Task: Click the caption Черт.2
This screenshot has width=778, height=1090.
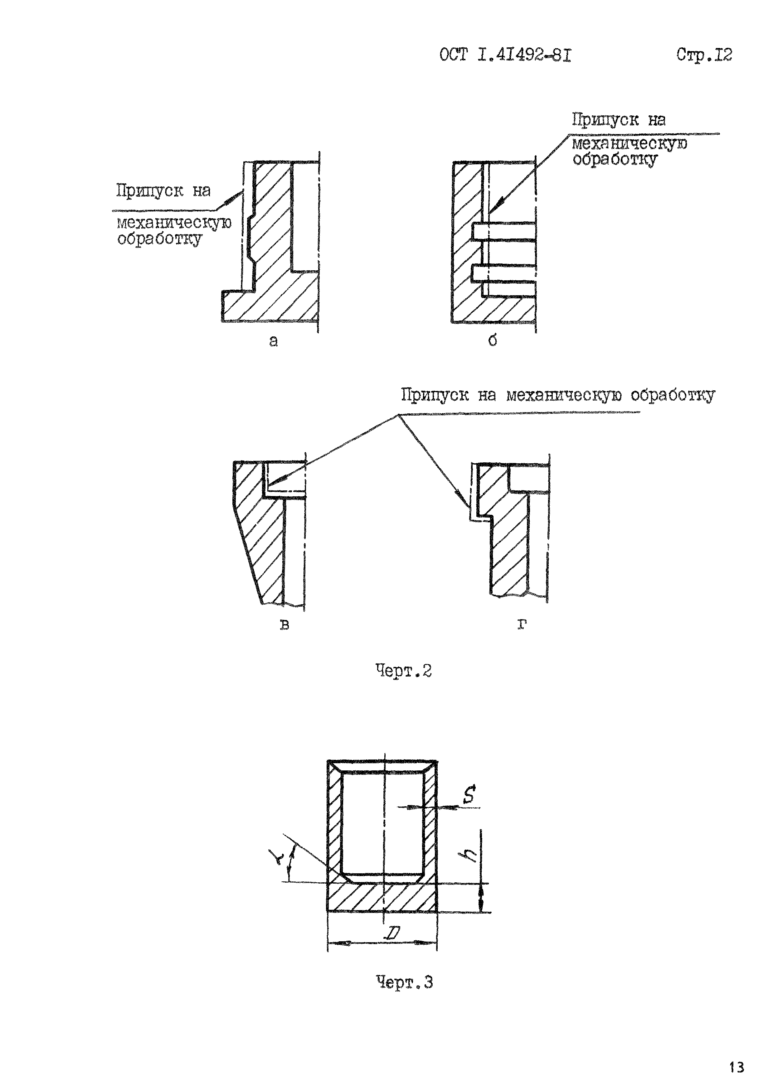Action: click(403, 671)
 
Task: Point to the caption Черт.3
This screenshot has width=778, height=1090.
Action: click(404, 983)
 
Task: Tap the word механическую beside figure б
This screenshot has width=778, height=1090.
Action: click(629, 143)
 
